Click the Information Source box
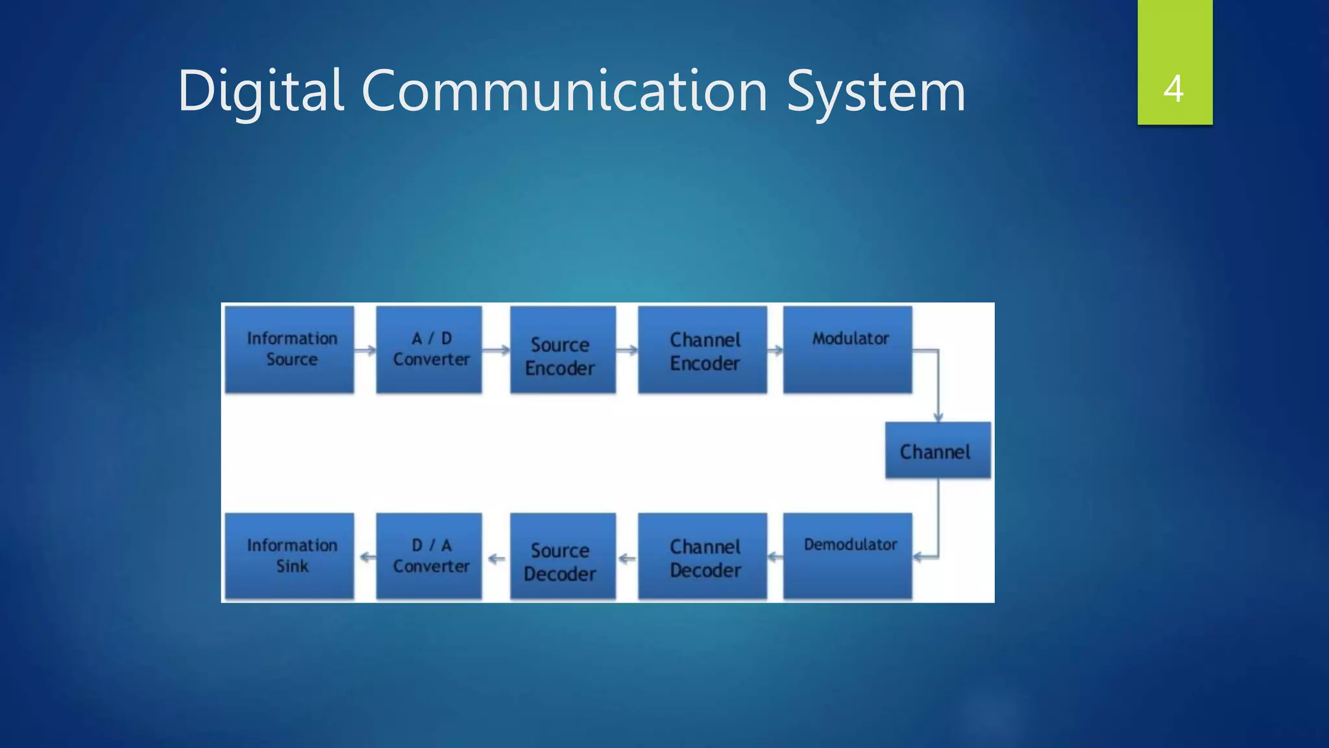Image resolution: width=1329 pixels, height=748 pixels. pyautogui.click(x=289, y=349)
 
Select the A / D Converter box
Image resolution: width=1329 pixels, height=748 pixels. pyautogui.click(x=429, y=349)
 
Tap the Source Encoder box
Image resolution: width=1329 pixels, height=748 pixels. pyautogui.click(x=563, y=349)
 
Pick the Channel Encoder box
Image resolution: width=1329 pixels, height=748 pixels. pyautogui.click(x=702, y=349)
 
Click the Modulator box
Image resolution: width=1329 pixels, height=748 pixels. pyautogui.click(x=847, y=349)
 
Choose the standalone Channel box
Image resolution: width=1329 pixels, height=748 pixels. pyautogui.click(x=938, y=451)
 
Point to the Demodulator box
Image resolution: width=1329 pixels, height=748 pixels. pyautogui.click(x=847, y=556)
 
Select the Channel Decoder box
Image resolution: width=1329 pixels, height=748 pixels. pyautogui.click(x=702, y=556)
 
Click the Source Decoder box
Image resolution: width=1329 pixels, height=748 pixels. pyautogui.click(x=563, y=556)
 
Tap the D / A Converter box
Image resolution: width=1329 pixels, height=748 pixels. pyautogui.click(x=429, y=556)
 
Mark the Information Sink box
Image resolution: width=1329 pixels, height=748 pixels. pyautogui.click(x=289, y=556)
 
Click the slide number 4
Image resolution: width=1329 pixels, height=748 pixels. pyautogui.click(x=1174, y=88)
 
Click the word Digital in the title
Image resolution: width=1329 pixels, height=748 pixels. pyautogui.click(x=260, y=91)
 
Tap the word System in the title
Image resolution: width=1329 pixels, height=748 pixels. pyautogui.click(x=876, y=91)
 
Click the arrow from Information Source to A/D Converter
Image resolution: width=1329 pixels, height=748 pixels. pyautogui.click(x=365, y=351)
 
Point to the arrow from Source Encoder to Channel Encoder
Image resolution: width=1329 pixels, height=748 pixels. pyautogui.click(x=627, y=351)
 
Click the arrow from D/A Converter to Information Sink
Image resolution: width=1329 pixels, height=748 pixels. pyautogui.click(x=367, y=557)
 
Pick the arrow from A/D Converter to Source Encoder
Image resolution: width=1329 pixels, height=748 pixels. pyautogui.click(x=496, y=351)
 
